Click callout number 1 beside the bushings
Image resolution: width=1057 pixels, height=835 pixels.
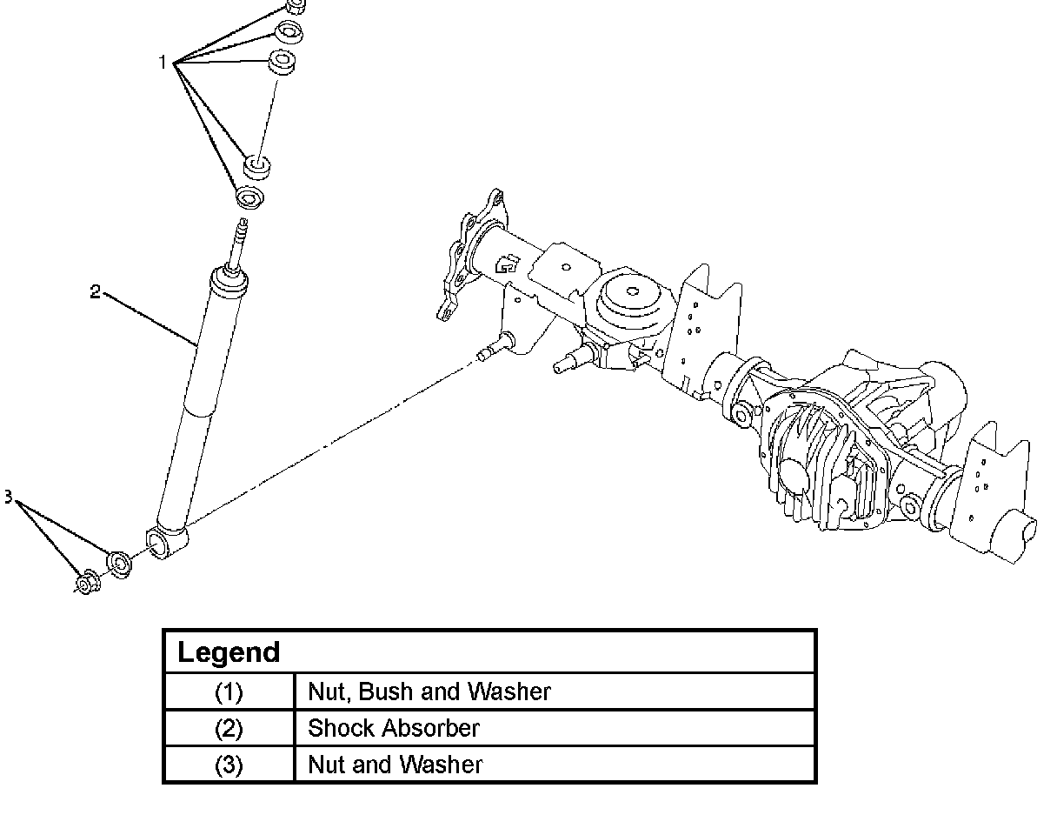point(162,63)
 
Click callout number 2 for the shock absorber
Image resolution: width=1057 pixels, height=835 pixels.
point(95,291)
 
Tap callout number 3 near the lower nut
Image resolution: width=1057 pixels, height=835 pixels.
point(8,498)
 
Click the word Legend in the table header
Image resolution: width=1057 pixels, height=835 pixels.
point(229,652)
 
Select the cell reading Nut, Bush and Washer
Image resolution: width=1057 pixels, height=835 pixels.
point(429,691)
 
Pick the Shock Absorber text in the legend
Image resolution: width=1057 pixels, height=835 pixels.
point(393,728)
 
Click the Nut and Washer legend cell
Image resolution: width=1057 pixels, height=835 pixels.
point(395,765)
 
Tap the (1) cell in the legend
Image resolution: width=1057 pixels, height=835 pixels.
point(229,692)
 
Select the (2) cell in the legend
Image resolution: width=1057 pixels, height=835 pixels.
point(229,729)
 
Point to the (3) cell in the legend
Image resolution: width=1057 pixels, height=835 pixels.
point(229,765)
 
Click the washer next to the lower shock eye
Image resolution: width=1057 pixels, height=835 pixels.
point(118,564)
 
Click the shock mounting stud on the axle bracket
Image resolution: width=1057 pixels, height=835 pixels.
point(487,353)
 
